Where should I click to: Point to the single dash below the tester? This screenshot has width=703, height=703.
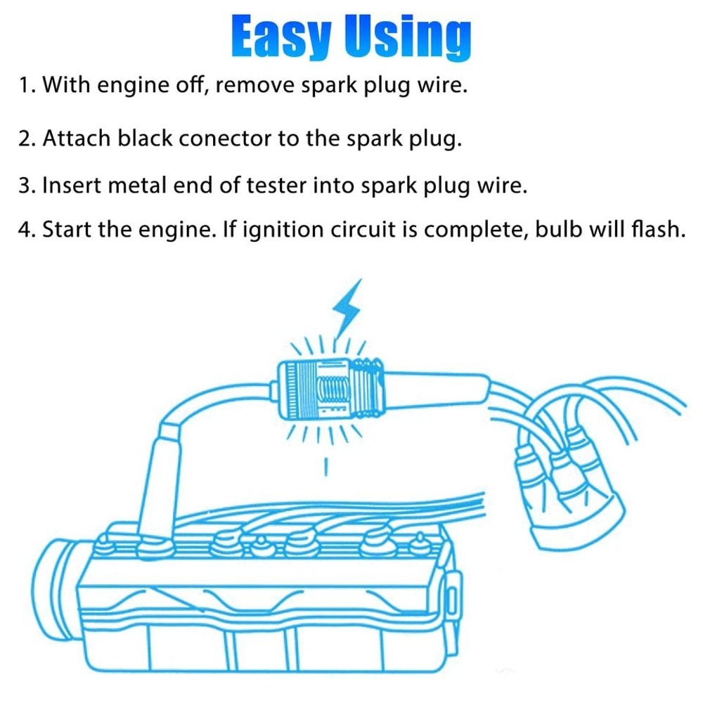326,467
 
